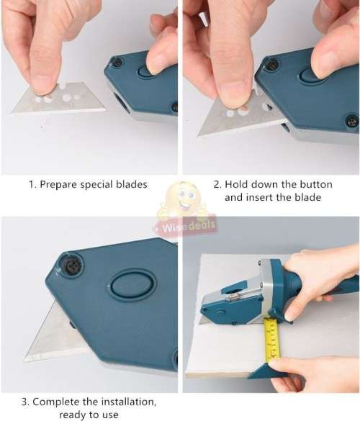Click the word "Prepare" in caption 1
coord(59,184)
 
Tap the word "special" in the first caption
coord(99,184)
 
